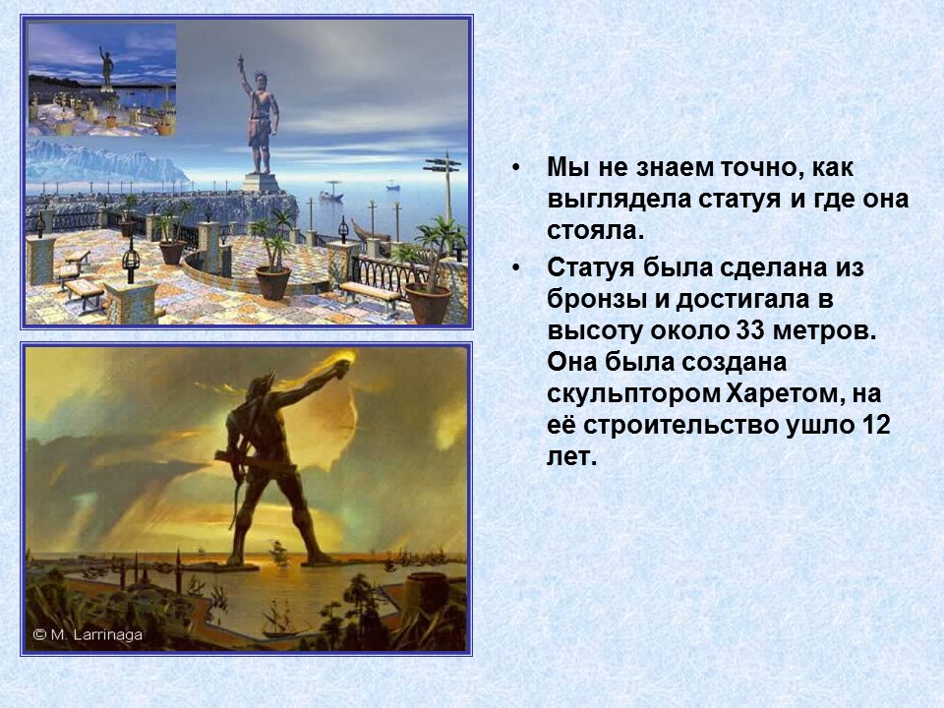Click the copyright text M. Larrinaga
[x=88, y=635]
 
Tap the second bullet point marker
[x=517, y=267]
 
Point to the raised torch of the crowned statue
[x=238, y=67]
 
